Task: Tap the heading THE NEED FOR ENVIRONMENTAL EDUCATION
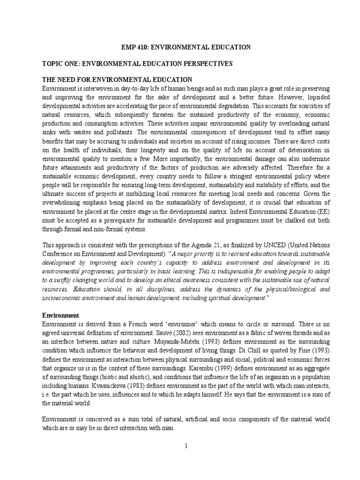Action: (117, 79)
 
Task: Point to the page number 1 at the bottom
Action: (186, 446)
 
